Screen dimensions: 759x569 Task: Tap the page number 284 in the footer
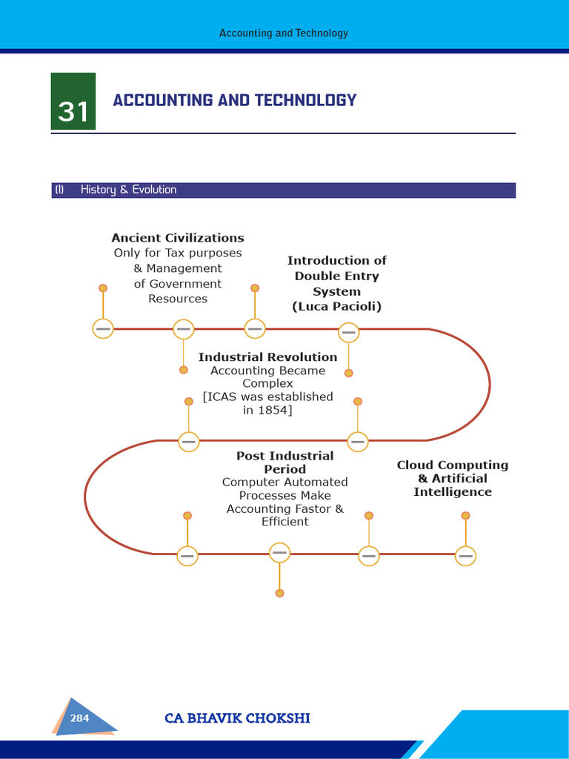pos(80,718)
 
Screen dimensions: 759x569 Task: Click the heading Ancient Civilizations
pos(178,238)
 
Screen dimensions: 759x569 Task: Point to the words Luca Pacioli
pos(337,306)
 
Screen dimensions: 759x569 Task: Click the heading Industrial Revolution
pos(267,357)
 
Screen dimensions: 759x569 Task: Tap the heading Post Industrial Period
pos(284,463)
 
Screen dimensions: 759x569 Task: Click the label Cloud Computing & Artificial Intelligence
pos(452,478)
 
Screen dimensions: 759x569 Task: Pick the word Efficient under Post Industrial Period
pos(284,522)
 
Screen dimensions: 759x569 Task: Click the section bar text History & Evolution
pos(128,190)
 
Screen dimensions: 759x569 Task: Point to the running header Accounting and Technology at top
pos(284,33)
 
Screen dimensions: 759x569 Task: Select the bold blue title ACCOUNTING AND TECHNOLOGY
pos(234,100)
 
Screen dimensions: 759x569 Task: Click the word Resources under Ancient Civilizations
pos(178,299)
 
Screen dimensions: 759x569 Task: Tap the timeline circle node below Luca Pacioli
pos(349,333)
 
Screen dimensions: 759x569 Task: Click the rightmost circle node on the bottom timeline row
pos(465,555)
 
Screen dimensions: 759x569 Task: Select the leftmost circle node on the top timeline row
pos(103,328)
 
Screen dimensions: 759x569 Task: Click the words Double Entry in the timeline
pos(336,276)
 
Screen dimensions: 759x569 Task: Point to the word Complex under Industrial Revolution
pos(267,384)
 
